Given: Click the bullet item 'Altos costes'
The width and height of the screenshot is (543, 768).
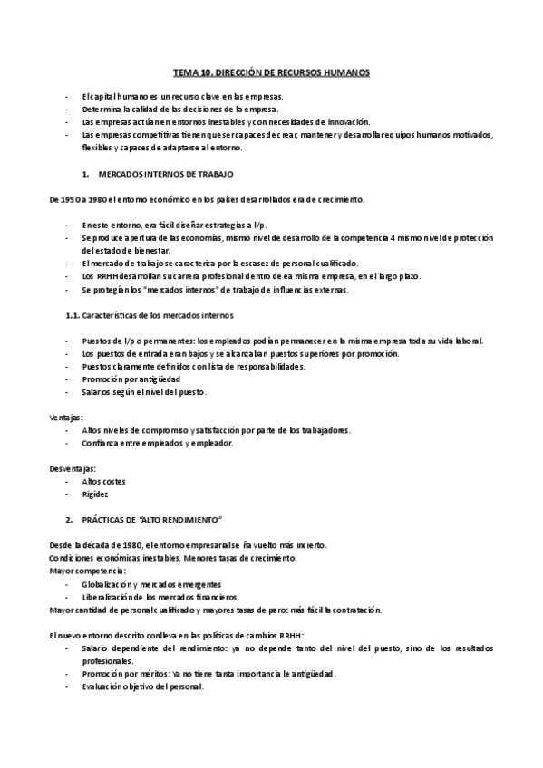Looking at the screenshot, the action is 103,481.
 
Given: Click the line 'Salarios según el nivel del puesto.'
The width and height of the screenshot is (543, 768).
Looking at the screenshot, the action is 144,391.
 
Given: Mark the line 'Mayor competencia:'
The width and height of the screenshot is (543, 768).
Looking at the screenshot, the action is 88,571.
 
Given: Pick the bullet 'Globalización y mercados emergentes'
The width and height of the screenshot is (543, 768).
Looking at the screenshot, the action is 152,584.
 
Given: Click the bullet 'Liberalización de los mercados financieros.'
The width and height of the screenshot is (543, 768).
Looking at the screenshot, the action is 161,597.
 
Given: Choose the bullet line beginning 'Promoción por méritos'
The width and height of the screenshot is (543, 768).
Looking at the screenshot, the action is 208,673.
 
